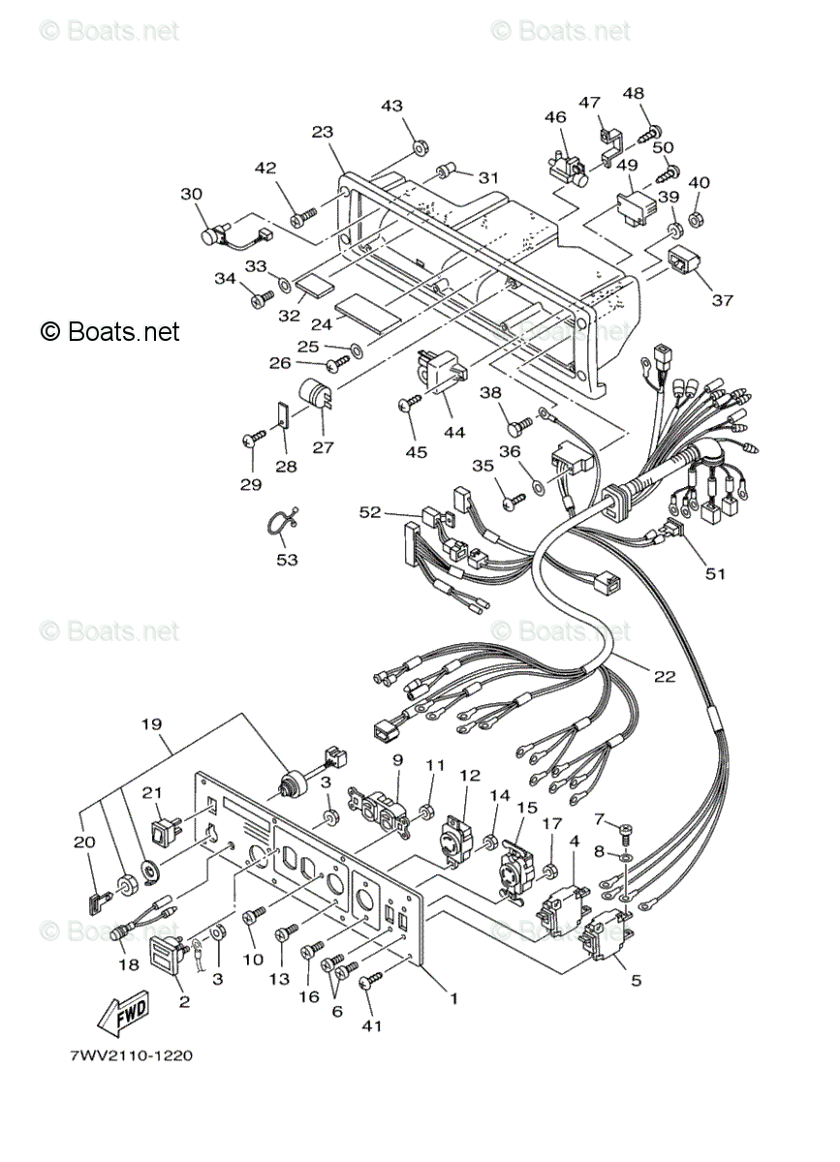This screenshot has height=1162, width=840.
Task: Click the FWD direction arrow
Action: click(x=121, y=1014)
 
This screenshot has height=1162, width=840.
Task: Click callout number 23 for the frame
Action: click(x=323, y=133)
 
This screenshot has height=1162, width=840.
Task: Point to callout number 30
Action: click(x=191, y=194)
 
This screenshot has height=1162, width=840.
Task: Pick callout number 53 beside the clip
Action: click(x=287, y=560)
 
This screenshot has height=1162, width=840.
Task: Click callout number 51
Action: click(x=714, y=573)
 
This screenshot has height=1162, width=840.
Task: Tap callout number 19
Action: click(x=150, y=723)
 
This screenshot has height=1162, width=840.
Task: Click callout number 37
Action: click(x=722, y=300)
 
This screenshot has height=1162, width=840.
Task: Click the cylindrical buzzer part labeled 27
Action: click(x=316, y=395)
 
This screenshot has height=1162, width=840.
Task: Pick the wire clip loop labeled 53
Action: click(x=279, y=523)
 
